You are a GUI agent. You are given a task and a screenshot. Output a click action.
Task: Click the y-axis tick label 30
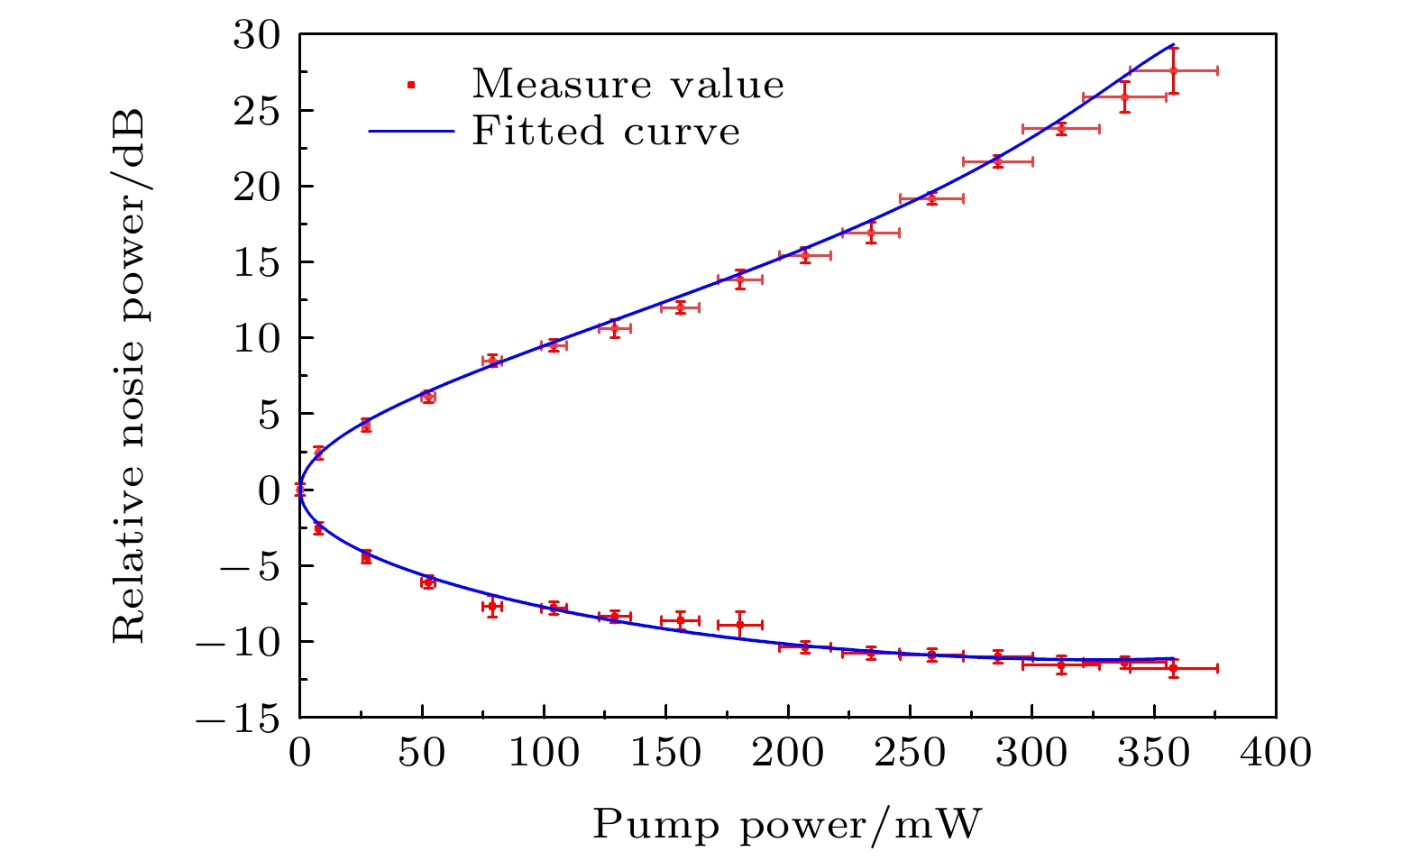[258, 36]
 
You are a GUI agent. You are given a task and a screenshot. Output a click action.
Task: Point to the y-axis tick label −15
[239, 718]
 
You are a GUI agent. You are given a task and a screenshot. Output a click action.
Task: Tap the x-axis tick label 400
[1276, 753]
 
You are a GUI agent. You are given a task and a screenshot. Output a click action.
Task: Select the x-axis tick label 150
[665, 753]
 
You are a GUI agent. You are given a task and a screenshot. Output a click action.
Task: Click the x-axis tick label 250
[910, 753]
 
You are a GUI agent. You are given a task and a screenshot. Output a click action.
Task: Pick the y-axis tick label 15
[258, 263]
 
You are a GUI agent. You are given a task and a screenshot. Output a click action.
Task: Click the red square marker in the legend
[410, 85]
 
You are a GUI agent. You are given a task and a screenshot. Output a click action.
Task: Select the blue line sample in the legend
[410, 132]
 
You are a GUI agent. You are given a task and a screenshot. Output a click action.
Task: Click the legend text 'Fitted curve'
[606, 132]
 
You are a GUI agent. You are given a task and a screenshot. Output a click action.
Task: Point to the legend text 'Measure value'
[628, 85]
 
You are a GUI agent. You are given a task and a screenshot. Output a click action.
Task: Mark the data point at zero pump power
[300, 490]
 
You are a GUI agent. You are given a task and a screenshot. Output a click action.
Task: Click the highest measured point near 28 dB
[1173, 70]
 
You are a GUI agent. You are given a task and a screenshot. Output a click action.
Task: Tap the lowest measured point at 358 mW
[1173, 668]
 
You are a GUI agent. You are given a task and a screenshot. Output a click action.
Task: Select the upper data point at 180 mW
[740, 279]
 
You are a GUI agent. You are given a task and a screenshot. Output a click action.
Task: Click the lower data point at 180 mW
[740, 624]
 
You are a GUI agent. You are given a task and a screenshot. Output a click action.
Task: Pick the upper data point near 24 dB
[1061, 129]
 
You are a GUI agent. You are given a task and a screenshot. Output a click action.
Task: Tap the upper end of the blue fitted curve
[1173, 44]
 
